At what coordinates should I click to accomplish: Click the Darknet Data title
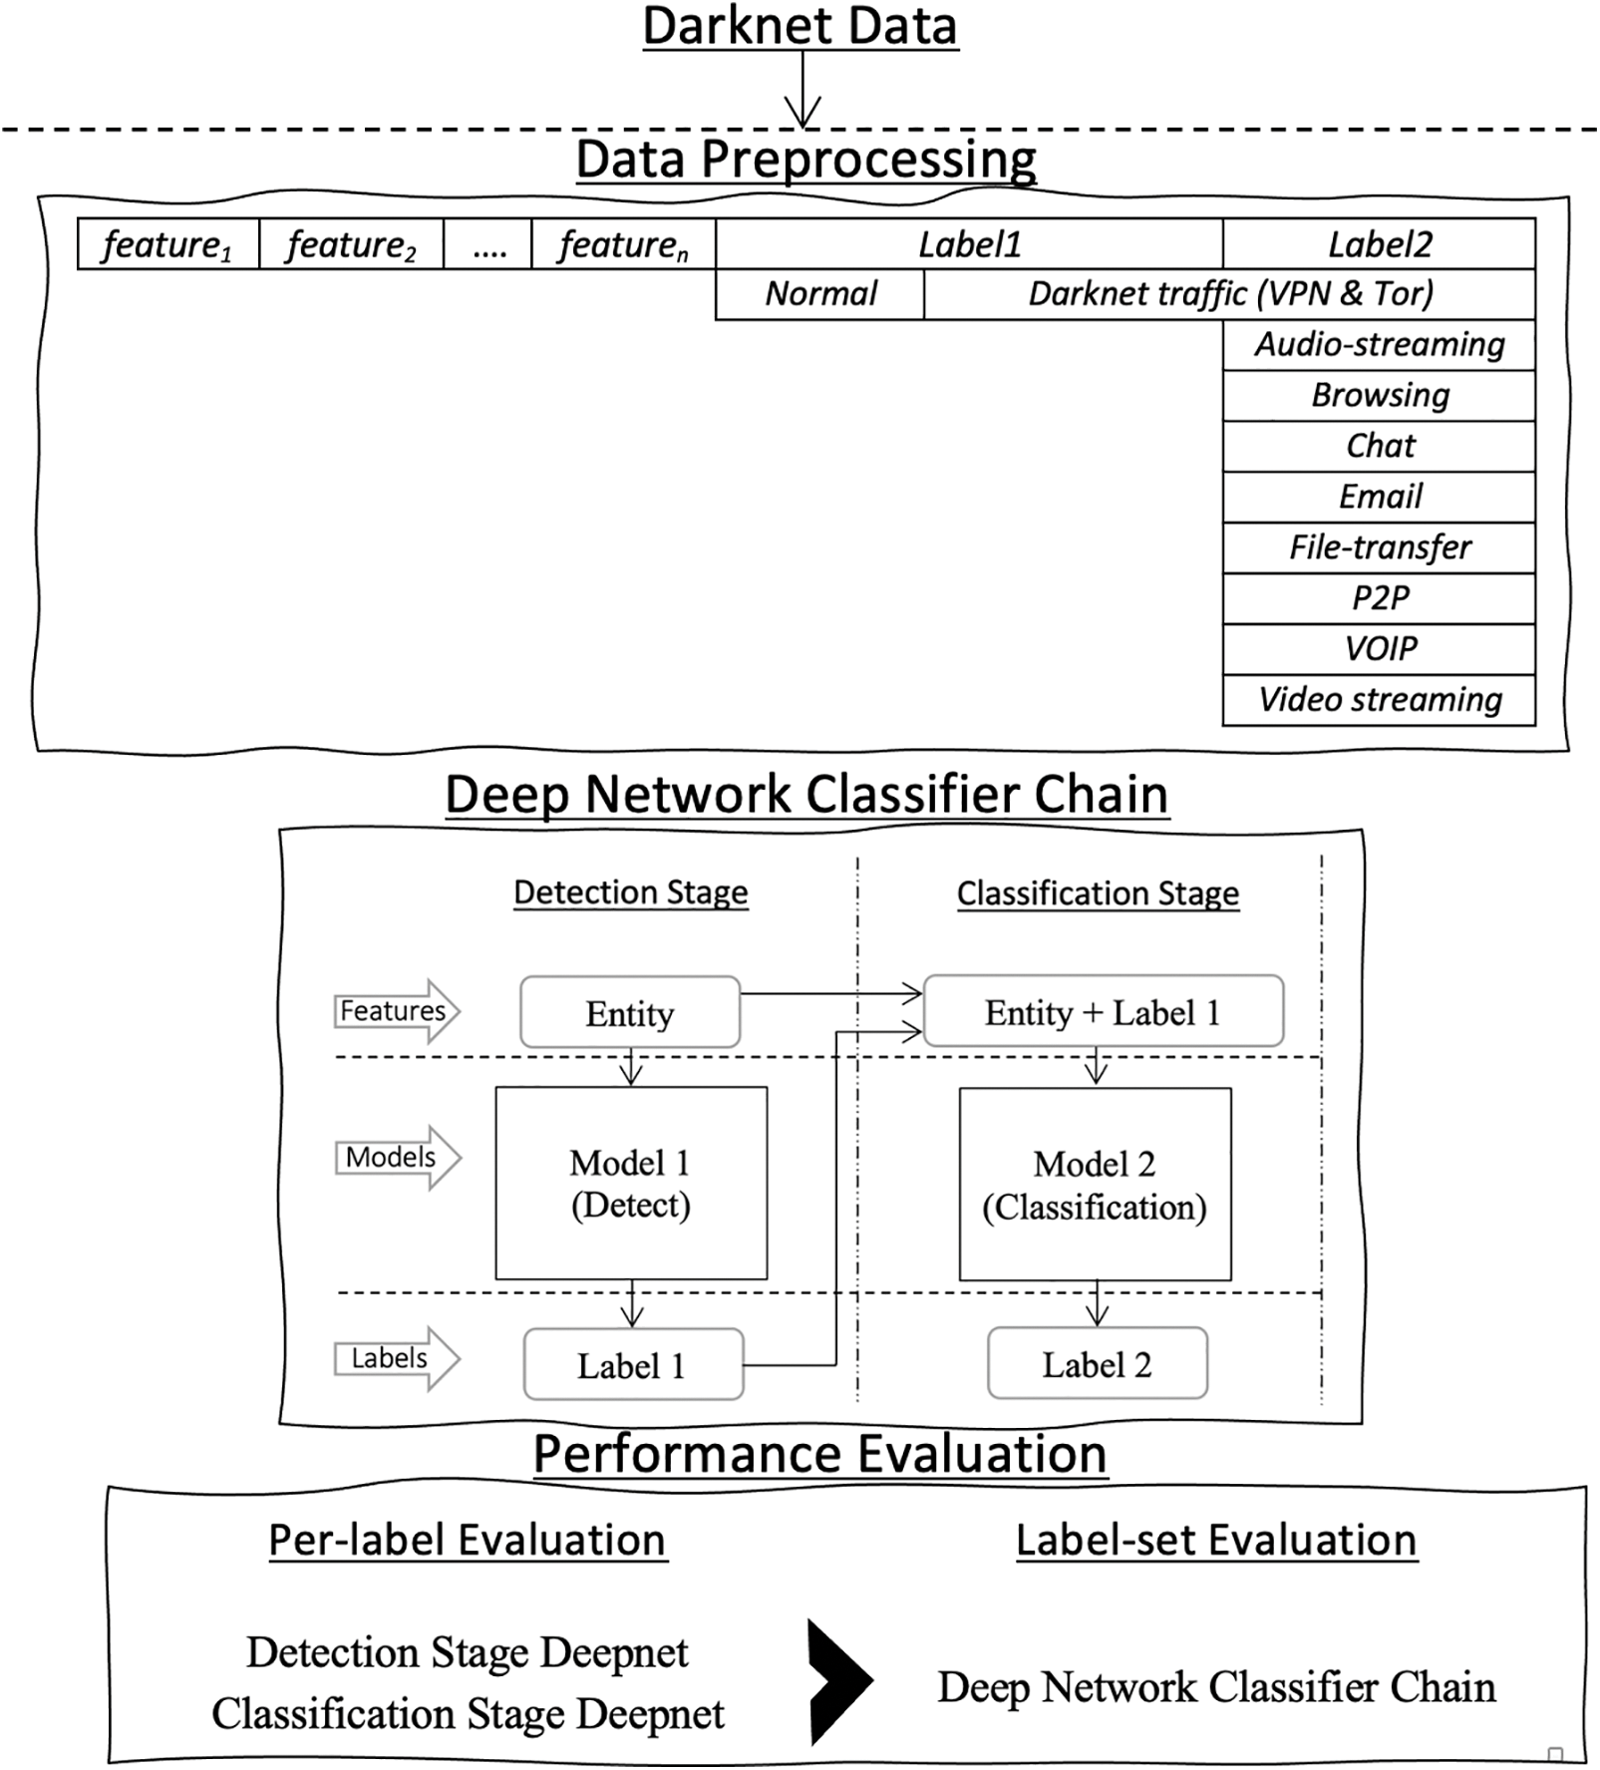point(800,26)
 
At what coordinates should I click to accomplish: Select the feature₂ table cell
point(351,244)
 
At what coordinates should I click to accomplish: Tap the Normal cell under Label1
point(819,294)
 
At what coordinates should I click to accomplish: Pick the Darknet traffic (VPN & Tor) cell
point(1229,294)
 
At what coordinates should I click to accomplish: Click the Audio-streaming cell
point(1379,345)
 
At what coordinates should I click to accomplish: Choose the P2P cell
point(1379,598)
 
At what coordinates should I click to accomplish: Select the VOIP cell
point(1379,649)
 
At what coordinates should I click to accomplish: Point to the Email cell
point(1379,497)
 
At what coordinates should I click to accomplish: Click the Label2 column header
point(1379,244)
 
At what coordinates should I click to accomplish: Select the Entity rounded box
point(630,1013)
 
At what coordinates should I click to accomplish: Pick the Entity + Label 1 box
point(1103,1013)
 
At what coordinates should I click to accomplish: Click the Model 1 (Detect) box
point(631,1184)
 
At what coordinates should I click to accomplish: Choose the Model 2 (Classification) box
point(1095,1185)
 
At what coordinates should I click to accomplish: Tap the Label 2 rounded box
point(1097,1364)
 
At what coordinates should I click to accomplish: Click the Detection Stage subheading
point(630,892)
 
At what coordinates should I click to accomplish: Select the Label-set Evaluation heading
point(1216,1541)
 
